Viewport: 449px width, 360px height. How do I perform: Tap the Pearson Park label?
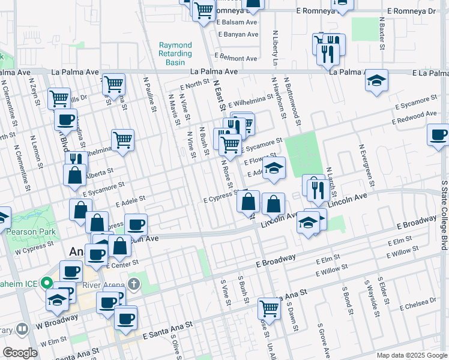[x=30, y=232]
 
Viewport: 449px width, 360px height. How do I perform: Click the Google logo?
[x=20, y=353]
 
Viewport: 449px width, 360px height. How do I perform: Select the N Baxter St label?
[x=382, y=34]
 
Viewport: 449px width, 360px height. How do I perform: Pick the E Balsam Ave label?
[x=237, y=22]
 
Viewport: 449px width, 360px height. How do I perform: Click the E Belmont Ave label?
[x=237, y=59]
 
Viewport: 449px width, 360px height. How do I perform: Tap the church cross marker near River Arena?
[x=133, y=283]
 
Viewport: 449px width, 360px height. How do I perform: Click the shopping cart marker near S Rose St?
[x=270, y=308]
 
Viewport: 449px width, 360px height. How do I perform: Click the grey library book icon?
[x=22, y=329]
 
